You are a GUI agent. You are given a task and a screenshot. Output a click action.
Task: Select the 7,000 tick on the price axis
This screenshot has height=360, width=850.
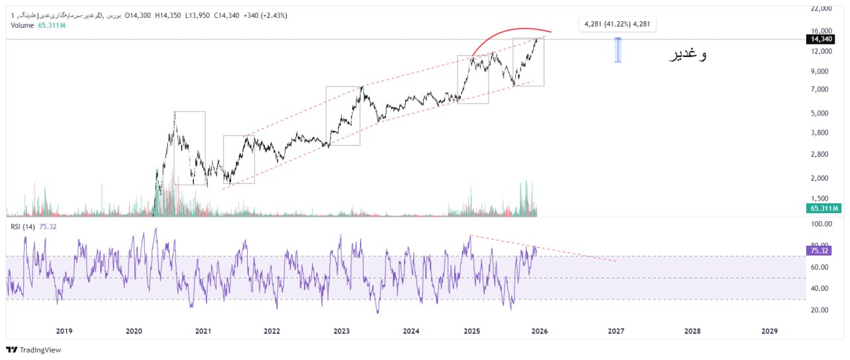[822, 90]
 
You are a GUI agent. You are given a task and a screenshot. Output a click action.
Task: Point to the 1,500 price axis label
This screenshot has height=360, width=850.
[822, 199]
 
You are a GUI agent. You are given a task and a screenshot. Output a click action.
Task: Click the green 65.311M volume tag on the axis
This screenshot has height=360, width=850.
[823, 209]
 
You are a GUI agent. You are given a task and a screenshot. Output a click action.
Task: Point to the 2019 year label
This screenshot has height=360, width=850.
[64, 331]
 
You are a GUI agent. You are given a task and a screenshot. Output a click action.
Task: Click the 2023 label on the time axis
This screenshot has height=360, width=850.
[341, 331]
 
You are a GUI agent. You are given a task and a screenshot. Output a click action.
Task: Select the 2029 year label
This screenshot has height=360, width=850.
[769, 331]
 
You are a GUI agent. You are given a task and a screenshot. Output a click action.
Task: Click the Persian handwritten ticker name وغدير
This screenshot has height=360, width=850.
[687, 55]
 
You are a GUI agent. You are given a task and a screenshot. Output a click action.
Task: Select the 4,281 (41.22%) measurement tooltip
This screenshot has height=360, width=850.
[618, 25]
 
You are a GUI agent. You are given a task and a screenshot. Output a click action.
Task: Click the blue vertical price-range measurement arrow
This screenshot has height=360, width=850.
[618, 50]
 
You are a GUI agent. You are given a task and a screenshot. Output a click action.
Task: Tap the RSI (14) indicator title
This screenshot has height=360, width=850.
[23, 226]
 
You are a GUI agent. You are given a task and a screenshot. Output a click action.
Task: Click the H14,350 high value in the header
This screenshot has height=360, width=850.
[170, 15]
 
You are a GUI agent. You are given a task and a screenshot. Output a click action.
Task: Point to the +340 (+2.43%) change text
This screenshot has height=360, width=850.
[265, 15]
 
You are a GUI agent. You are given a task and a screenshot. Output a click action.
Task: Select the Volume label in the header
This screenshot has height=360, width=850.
[23, 25]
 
